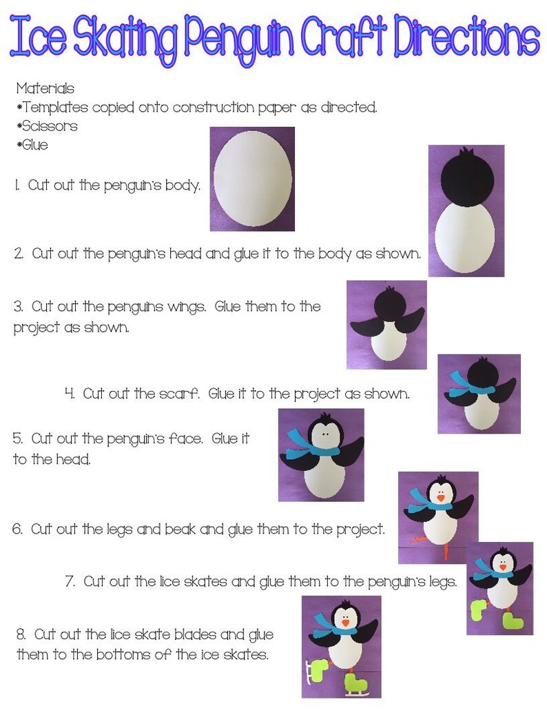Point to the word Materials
(45, 89)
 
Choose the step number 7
(70, 581)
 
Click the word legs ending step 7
(441, 583)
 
